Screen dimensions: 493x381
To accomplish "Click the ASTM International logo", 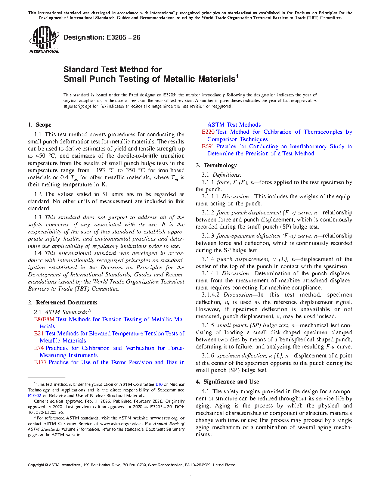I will tap(44, 39).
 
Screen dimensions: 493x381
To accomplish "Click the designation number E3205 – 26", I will tap(102, 37).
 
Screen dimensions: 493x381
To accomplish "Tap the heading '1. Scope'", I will tap(40, 125).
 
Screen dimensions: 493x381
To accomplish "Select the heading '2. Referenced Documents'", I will tap(63, 303).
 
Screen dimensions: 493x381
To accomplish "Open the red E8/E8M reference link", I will tap(44, 319).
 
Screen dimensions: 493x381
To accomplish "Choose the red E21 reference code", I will tap(39, 334).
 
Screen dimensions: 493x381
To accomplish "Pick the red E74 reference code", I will tap(39, 348).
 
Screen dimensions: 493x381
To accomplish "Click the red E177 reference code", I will tap(40, 362).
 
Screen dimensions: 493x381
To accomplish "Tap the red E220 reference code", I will tap(208, 132).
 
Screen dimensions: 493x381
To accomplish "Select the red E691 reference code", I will tap(208, 146).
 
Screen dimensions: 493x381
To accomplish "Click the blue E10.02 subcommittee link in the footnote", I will tap(34, 396).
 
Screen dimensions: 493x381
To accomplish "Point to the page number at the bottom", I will tap(190, 474).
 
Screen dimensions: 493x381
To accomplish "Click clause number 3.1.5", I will tap(208, 325).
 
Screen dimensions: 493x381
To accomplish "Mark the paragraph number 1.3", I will tap(38, 217).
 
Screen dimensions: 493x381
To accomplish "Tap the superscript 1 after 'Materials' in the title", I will tap(237, 76).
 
